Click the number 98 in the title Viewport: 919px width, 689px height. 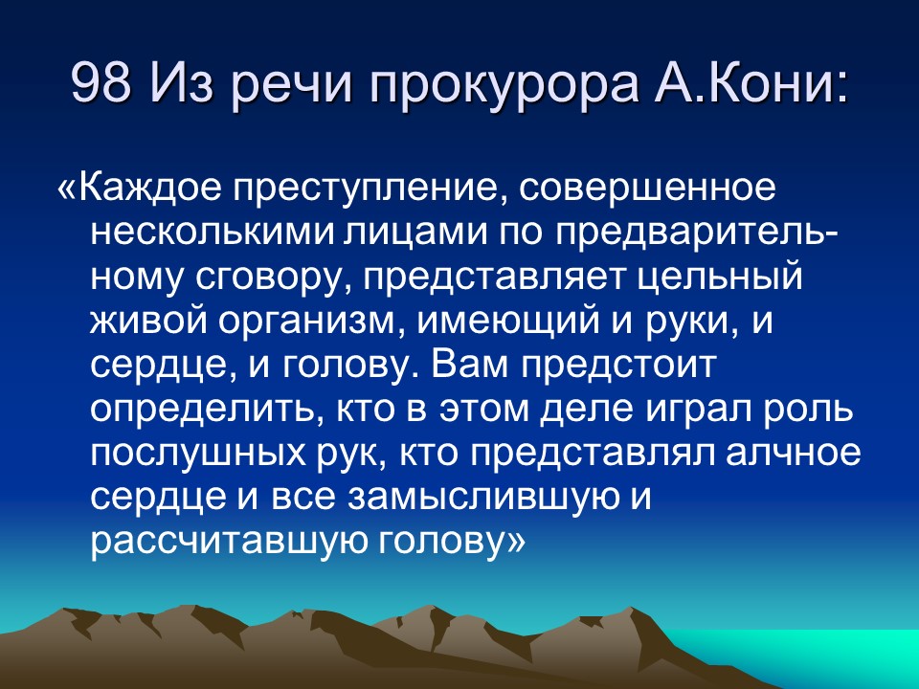102,88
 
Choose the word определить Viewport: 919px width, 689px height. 199,411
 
